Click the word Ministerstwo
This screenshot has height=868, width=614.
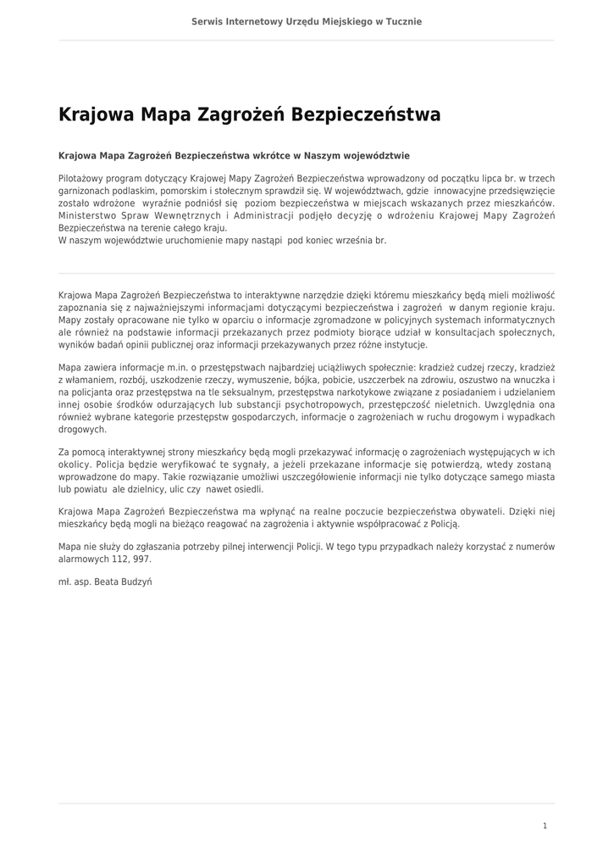pos(89,216)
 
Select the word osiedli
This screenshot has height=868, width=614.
pos(247,489)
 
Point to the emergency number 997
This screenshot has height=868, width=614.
pos(141,559)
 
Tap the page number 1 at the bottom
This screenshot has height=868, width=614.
pos(545,826)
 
